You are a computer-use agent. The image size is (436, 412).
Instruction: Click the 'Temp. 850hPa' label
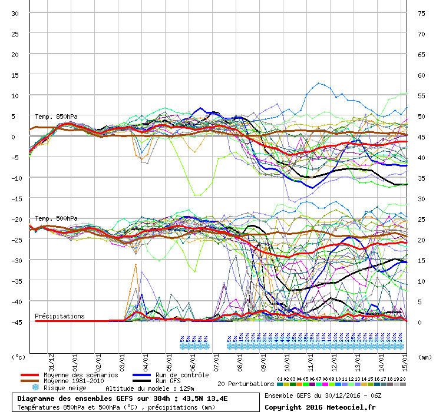click(56, 117)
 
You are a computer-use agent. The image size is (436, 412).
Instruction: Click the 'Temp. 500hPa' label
click(56, 218)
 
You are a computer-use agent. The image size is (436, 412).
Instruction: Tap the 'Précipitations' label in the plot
click(60, 316)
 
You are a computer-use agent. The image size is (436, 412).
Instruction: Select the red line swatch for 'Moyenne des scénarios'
click(29, 375)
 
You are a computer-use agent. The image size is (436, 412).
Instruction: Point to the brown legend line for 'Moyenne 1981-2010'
click(29, 381)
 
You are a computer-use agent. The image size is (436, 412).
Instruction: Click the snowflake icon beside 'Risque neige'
click(35, 388)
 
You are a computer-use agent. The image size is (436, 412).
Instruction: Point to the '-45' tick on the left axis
click(15, 322)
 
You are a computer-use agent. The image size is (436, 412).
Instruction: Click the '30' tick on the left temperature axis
click(16, 13)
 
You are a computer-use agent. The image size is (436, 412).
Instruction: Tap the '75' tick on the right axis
click(421, 13)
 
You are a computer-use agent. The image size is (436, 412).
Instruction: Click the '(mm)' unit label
click(424, 357)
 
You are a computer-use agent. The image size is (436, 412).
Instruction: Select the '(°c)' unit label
click(19, 357)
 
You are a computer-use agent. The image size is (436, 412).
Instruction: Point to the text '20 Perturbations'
click(246, 384)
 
